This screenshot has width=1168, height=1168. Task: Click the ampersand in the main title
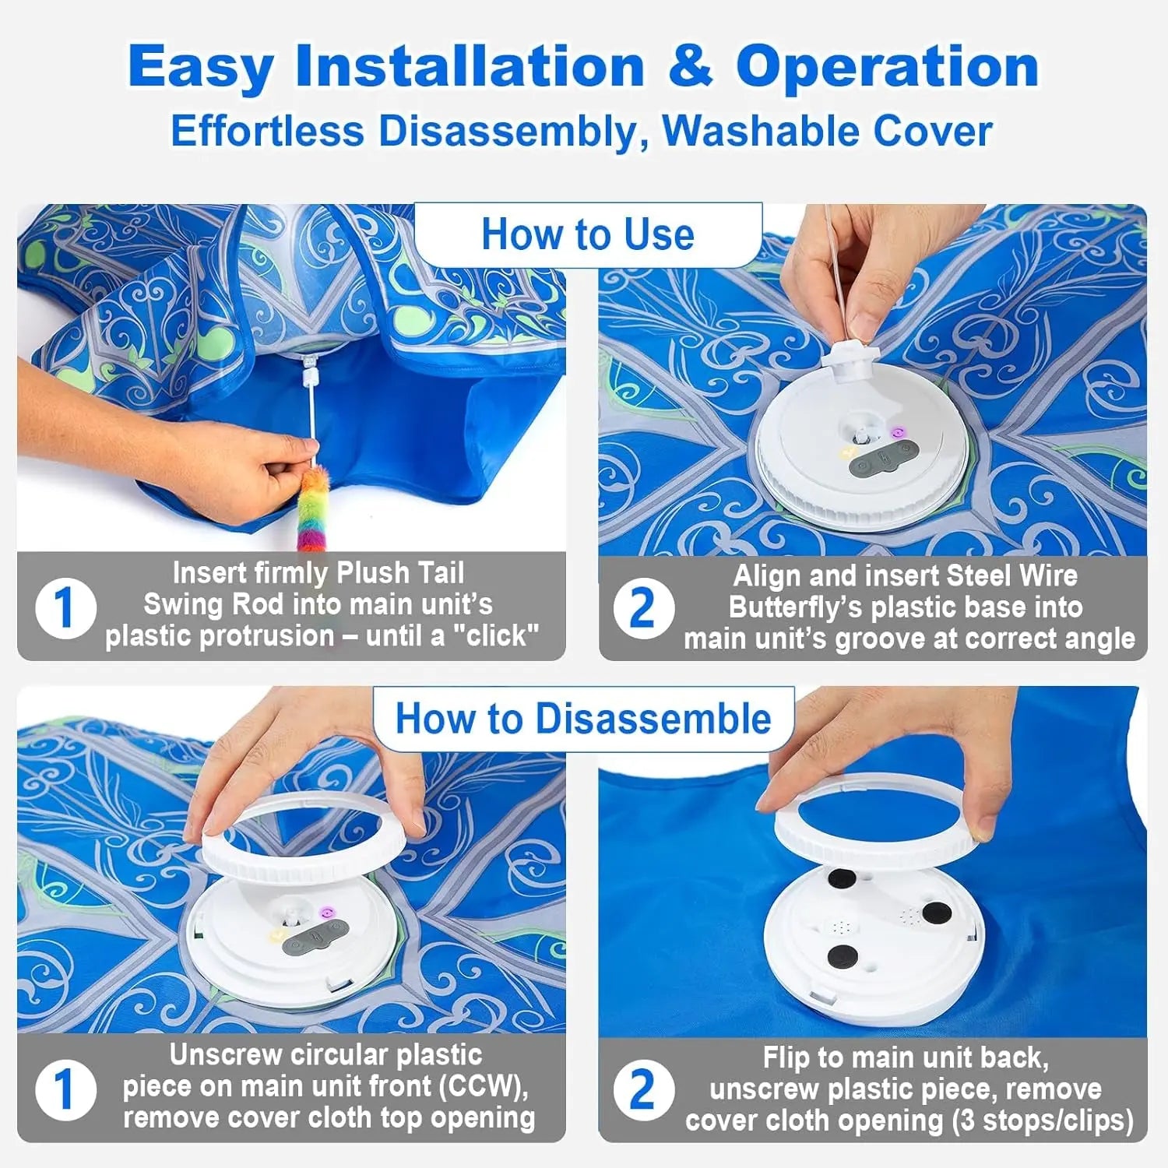pos(689,66)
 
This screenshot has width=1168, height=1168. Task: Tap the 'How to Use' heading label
pos(588,234)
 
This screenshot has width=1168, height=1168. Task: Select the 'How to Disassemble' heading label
pos(583,718)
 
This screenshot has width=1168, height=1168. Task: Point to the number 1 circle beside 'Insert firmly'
pos(65,607)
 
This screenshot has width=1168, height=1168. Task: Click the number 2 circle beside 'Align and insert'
pos(643,608)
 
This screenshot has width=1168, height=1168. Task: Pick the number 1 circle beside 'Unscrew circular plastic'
pos(65,1089)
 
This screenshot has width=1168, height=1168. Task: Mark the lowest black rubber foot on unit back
pos(842,955)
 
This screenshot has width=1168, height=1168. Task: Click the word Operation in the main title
pos(887,66)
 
